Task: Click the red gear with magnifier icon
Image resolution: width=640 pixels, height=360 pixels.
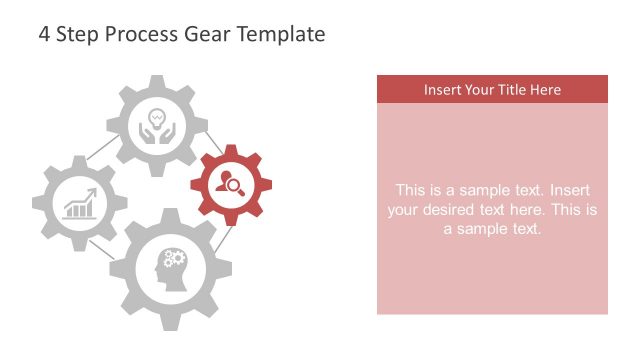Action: click(x=231, y=184)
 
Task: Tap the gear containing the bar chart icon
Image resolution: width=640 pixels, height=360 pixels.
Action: click(x=79, y=204)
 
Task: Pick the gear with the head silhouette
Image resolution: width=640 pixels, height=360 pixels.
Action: click(x=170, y=268)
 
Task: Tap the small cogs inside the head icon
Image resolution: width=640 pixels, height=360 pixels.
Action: click(x=175, y=259)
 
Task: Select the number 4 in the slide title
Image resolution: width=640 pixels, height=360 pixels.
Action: click(x=44, y=34)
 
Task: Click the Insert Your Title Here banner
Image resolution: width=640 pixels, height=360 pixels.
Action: click(x=492, y=89)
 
